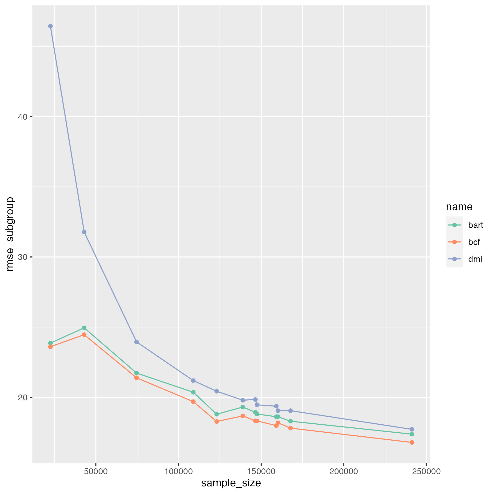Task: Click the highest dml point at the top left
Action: (50, 26)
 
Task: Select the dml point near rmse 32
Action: (84, 232)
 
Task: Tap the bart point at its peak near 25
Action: (84, 328)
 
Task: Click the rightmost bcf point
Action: (412, 442)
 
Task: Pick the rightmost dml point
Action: (412, 429)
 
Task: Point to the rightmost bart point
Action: (412, 434)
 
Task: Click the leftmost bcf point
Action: (50, 347)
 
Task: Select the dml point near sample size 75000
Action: (136, 342)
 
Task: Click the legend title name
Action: (459, 207)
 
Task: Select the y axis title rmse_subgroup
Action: (10, 234)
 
